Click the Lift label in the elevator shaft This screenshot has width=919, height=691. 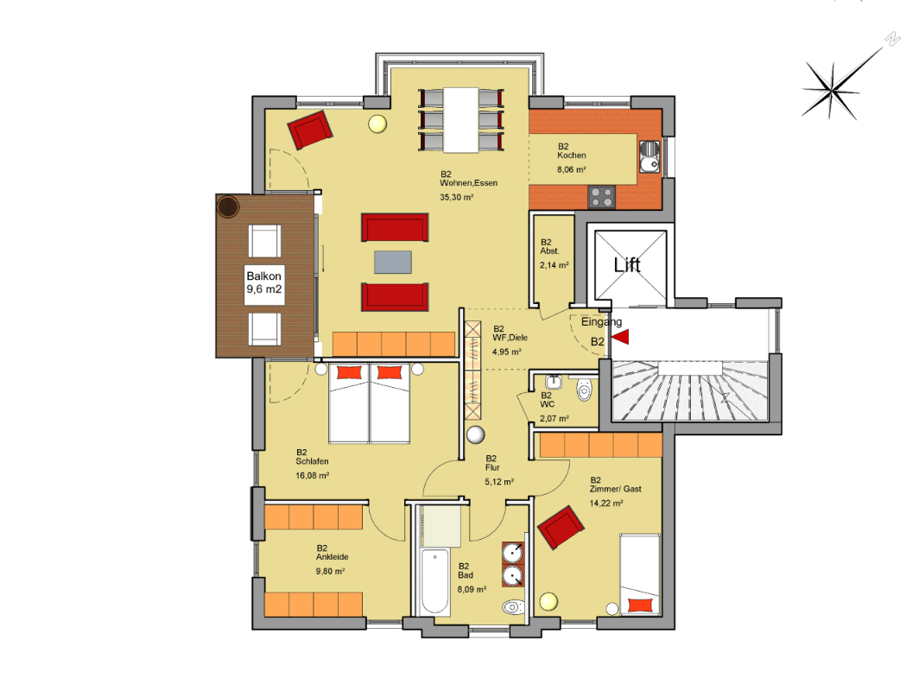point(627,265)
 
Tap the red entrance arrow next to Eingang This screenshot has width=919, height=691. point(621,337)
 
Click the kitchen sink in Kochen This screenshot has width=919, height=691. point(650,157)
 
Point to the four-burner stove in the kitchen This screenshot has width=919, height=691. point(601,196)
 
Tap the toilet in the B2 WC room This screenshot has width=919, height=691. point(585,390)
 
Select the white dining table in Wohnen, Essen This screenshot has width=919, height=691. point(460,119)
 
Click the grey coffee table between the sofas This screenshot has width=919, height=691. point(393,262)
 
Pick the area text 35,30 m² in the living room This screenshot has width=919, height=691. point(457,198)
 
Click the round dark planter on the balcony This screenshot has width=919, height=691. point(228,206)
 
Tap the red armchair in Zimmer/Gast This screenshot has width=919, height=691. point(561,527)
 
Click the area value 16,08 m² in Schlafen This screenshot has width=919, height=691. point(313,475)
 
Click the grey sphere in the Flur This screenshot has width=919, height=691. point(475,434)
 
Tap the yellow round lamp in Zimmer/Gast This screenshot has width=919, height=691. point(548,601)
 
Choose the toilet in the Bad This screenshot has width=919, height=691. point(513,606)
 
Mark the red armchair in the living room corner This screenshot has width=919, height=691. point(310,130)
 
